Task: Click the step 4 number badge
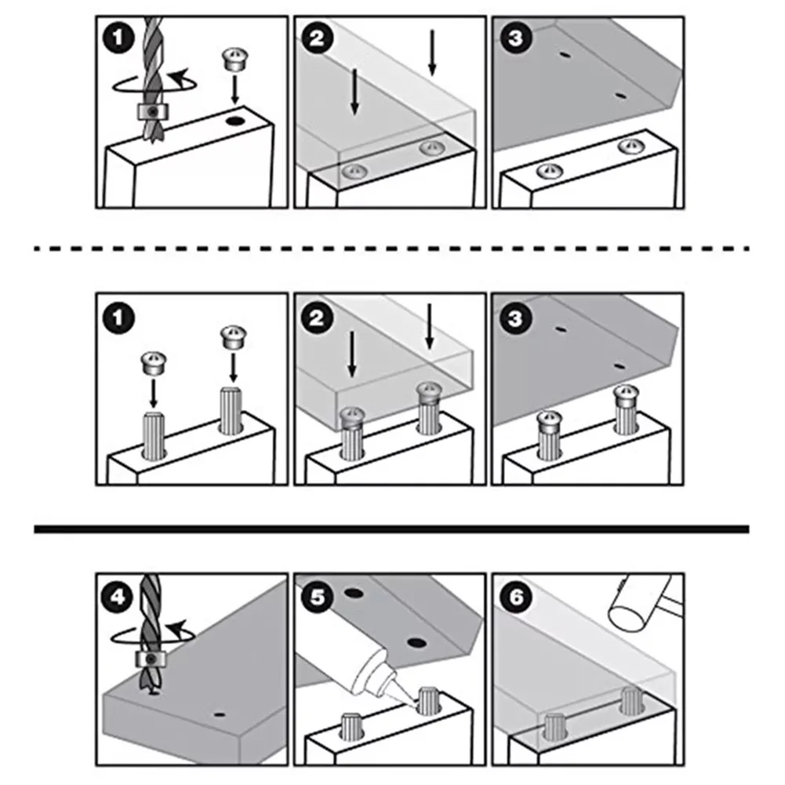(118, 598)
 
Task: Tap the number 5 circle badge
(317, 597)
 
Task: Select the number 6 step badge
(516, 597)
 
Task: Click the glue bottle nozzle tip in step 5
(416, 705)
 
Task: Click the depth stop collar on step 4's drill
(151, 660)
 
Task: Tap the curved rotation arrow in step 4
(153, 634)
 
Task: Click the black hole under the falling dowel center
(234, 121)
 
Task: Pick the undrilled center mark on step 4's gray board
(219, 714)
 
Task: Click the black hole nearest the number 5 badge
(354, 594)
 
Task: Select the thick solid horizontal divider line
(391, 529)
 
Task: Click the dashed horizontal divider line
(391, 249)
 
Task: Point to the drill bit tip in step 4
(154, 694)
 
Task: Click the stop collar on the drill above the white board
(151, 111)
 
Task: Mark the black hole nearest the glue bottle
(416, 642)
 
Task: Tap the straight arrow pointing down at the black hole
(234, 89)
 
